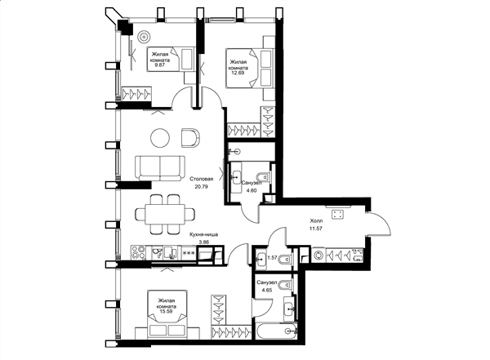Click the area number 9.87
point(159,65)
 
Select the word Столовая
point(202,179)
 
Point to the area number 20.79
point(201,187)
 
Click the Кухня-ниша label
point(203,234)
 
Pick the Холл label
point(315,221)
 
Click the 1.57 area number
point(273,258)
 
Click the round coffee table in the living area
point(160,137)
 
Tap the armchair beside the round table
point(190,137)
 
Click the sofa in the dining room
point(160,168)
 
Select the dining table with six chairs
point(165,215)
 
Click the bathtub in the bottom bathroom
point(276,331)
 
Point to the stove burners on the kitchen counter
point(139,253)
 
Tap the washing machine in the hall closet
point(318,255)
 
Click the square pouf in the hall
point(337,214)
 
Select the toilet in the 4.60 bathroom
point(263,177)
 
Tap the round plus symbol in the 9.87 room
point(144,37)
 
